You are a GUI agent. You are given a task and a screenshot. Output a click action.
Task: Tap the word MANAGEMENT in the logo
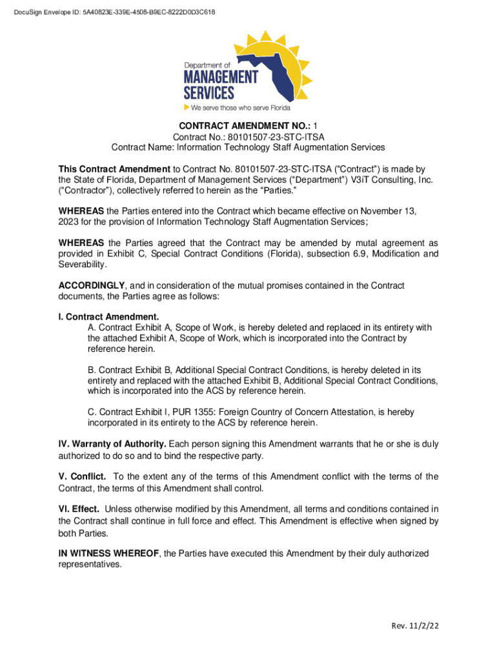[220, 77]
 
